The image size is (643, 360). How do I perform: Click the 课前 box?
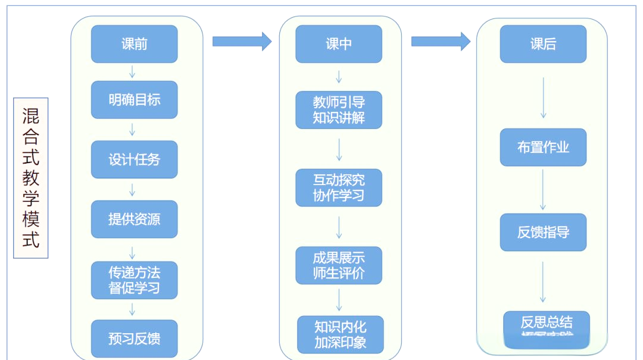134,44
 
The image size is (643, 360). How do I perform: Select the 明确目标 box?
134,99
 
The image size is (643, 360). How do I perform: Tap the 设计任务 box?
134,159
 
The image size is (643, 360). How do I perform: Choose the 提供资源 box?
134,219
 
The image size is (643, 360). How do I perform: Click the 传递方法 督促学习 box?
134,280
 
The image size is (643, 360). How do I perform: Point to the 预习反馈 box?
134,339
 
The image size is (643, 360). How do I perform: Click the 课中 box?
339,44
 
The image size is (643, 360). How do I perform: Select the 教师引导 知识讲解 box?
339,109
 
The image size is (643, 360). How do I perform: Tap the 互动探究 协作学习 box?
339,187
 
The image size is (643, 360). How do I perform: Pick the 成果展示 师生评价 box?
339,265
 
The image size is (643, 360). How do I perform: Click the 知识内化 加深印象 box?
340,334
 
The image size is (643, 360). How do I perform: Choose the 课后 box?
543,44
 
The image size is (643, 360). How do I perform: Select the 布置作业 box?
543,147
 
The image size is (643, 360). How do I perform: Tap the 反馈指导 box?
543,232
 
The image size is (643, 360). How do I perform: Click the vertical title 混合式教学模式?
31,178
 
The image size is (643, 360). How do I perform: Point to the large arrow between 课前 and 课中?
241,41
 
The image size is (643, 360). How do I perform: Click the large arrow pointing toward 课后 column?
441,41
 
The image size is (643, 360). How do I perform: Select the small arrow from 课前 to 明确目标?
132,71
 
